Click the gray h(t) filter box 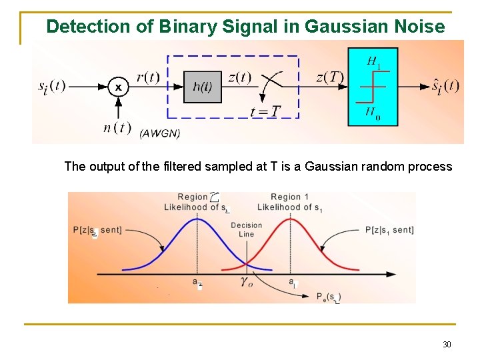tap(202, 87)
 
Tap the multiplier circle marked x tap(119, 87)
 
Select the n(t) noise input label tap(118, 128)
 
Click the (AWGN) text tap(160, 133)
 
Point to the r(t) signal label tap(148, 77)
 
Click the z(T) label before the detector tap(330, 77)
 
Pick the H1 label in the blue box tap(374, 61)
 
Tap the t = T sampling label tap(265, 111)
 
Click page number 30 tap(447, 345)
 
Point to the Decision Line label tap(247, 230)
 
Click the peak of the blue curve tap(198, 219)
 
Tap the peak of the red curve tap(291, 219)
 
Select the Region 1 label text tap(290, 197)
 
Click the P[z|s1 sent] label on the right tap(389, 230)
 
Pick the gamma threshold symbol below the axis tap(247, 283)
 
